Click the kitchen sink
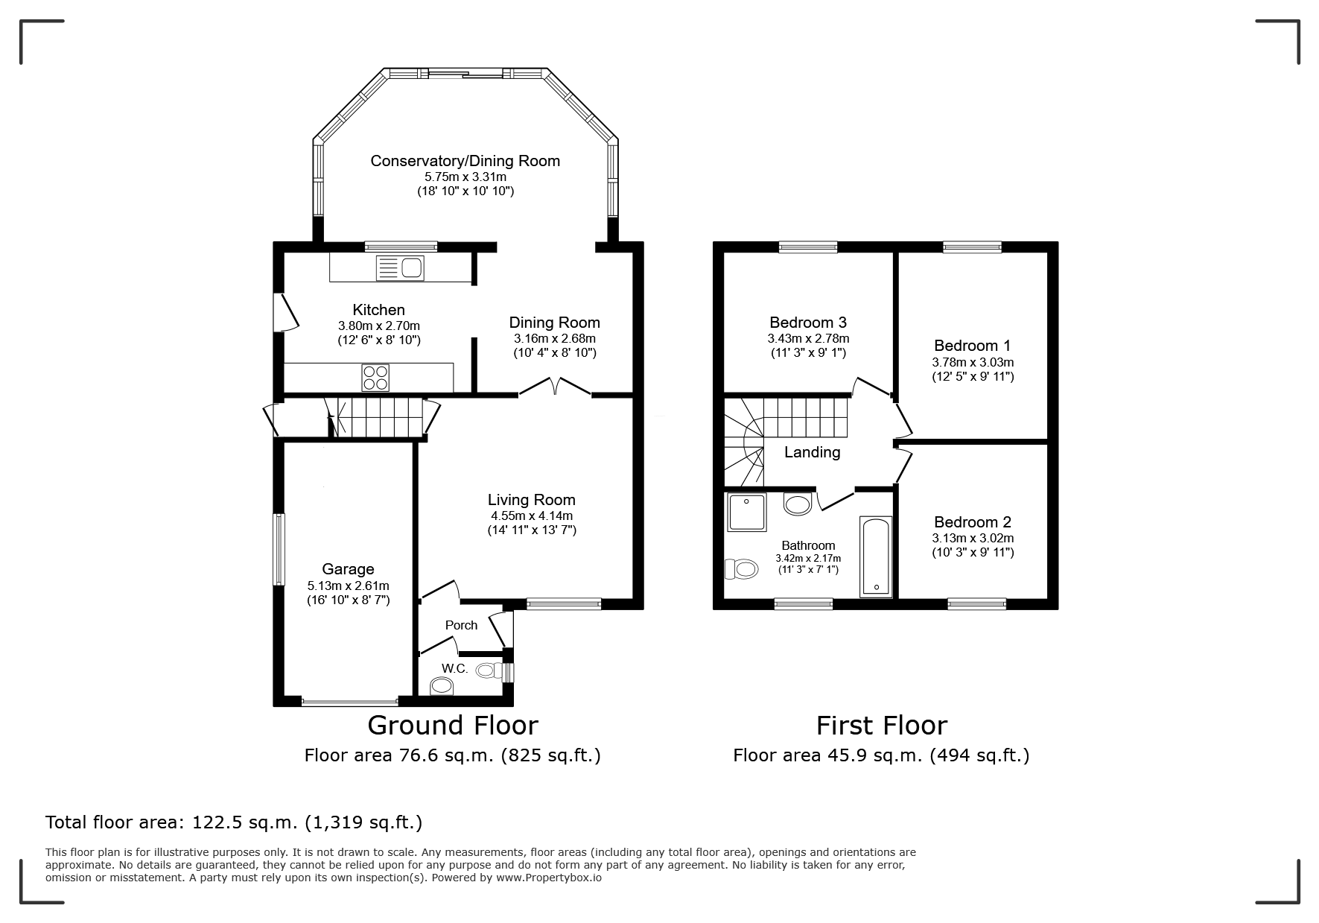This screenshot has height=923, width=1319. coord(400,267)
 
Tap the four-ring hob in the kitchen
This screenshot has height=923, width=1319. coord(375,378)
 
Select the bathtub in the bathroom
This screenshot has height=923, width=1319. coord(876,556)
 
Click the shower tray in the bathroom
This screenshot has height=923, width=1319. coord(746,513)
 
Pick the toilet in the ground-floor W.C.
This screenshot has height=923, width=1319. coord(442,685)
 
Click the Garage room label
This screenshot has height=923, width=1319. coord(348,570)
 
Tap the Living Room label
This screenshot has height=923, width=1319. coord(532,500)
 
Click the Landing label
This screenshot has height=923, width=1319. coord(812,452)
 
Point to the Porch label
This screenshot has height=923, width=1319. coord(461,625)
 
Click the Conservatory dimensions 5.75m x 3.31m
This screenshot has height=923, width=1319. coord(465,177)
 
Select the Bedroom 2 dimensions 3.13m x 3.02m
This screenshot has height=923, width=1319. coord(973,538)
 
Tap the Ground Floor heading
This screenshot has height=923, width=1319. coord(453,725)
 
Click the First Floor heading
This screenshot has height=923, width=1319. coord(882,725)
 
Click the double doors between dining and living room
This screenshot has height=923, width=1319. coord(555,387)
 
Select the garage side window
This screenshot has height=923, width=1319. coord(279,550)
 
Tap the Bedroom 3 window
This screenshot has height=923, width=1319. coord(808,247)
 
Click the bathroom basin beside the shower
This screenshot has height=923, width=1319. coord(798,504)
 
